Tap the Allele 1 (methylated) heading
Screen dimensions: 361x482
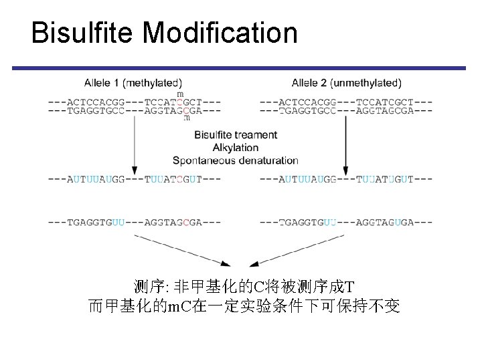(x=133, y=83)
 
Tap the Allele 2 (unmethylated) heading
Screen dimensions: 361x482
(x=346, y=83)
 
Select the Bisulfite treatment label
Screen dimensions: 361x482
(x=236, y=135)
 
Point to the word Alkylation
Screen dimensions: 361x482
(x=236, y=148)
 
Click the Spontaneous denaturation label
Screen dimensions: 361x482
(x=236, y=160)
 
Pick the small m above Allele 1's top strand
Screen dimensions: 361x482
(x=180, y=94)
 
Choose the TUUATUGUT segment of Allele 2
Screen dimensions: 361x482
(x=385, y=179)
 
